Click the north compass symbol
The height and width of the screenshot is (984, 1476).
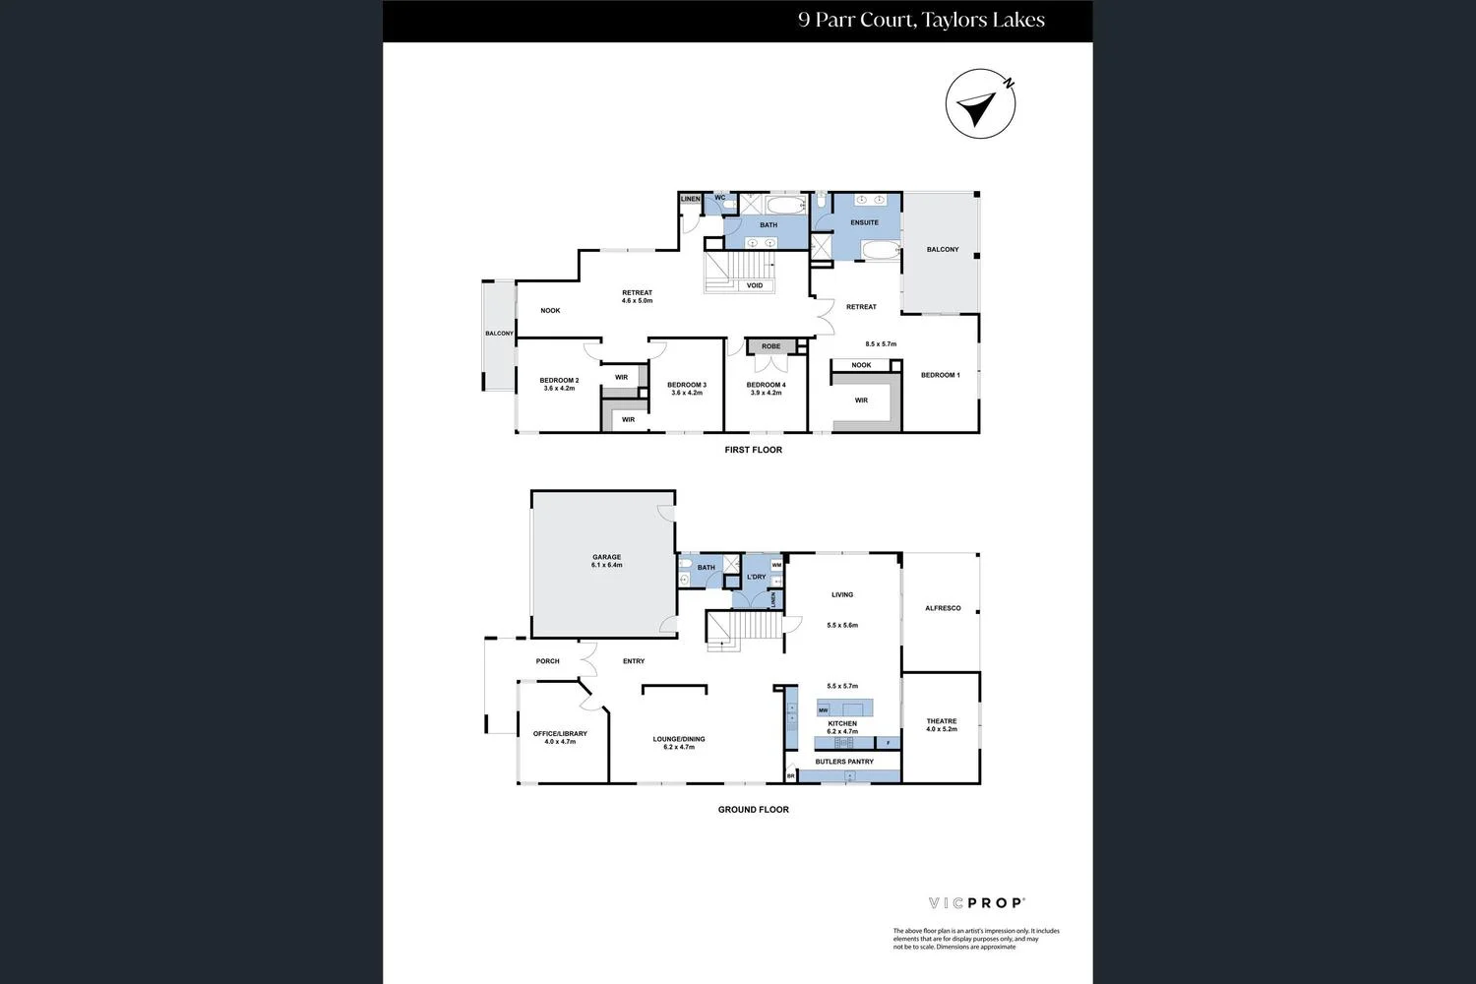pos(980,104)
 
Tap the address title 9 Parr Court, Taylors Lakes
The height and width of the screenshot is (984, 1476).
pos(921,20)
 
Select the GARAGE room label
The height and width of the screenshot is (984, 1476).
pos(606,558)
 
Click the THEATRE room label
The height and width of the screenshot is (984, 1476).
pos(941,721)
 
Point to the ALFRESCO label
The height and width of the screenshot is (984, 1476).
pos(943,608)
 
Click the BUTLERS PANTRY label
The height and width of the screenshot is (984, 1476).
pos(844,762)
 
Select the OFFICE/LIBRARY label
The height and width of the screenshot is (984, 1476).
pos(560,734)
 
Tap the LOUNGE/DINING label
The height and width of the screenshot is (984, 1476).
pos(679,739)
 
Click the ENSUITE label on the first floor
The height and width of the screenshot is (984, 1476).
pos(864,222)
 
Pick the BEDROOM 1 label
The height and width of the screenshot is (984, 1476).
pos(940,375)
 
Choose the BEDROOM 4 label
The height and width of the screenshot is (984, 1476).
pos(766,385)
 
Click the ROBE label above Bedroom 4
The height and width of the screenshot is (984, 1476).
pos(770,346)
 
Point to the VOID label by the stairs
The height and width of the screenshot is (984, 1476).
pos(755,285)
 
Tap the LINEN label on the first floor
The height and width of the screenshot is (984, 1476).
pos(690,199)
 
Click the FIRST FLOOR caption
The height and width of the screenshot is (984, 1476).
pos(753,450)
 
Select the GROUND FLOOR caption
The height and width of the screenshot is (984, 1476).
pos(753,810)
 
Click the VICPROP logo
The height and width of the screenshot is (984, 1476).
pos(977,902)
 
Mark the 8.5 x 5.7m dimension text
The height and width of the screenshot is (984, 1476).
pos(881,344)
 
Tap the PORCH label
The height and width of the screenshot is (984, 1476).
pos(547,661)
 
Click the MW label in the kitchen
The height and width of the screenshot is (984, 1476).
pos(823,709)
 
